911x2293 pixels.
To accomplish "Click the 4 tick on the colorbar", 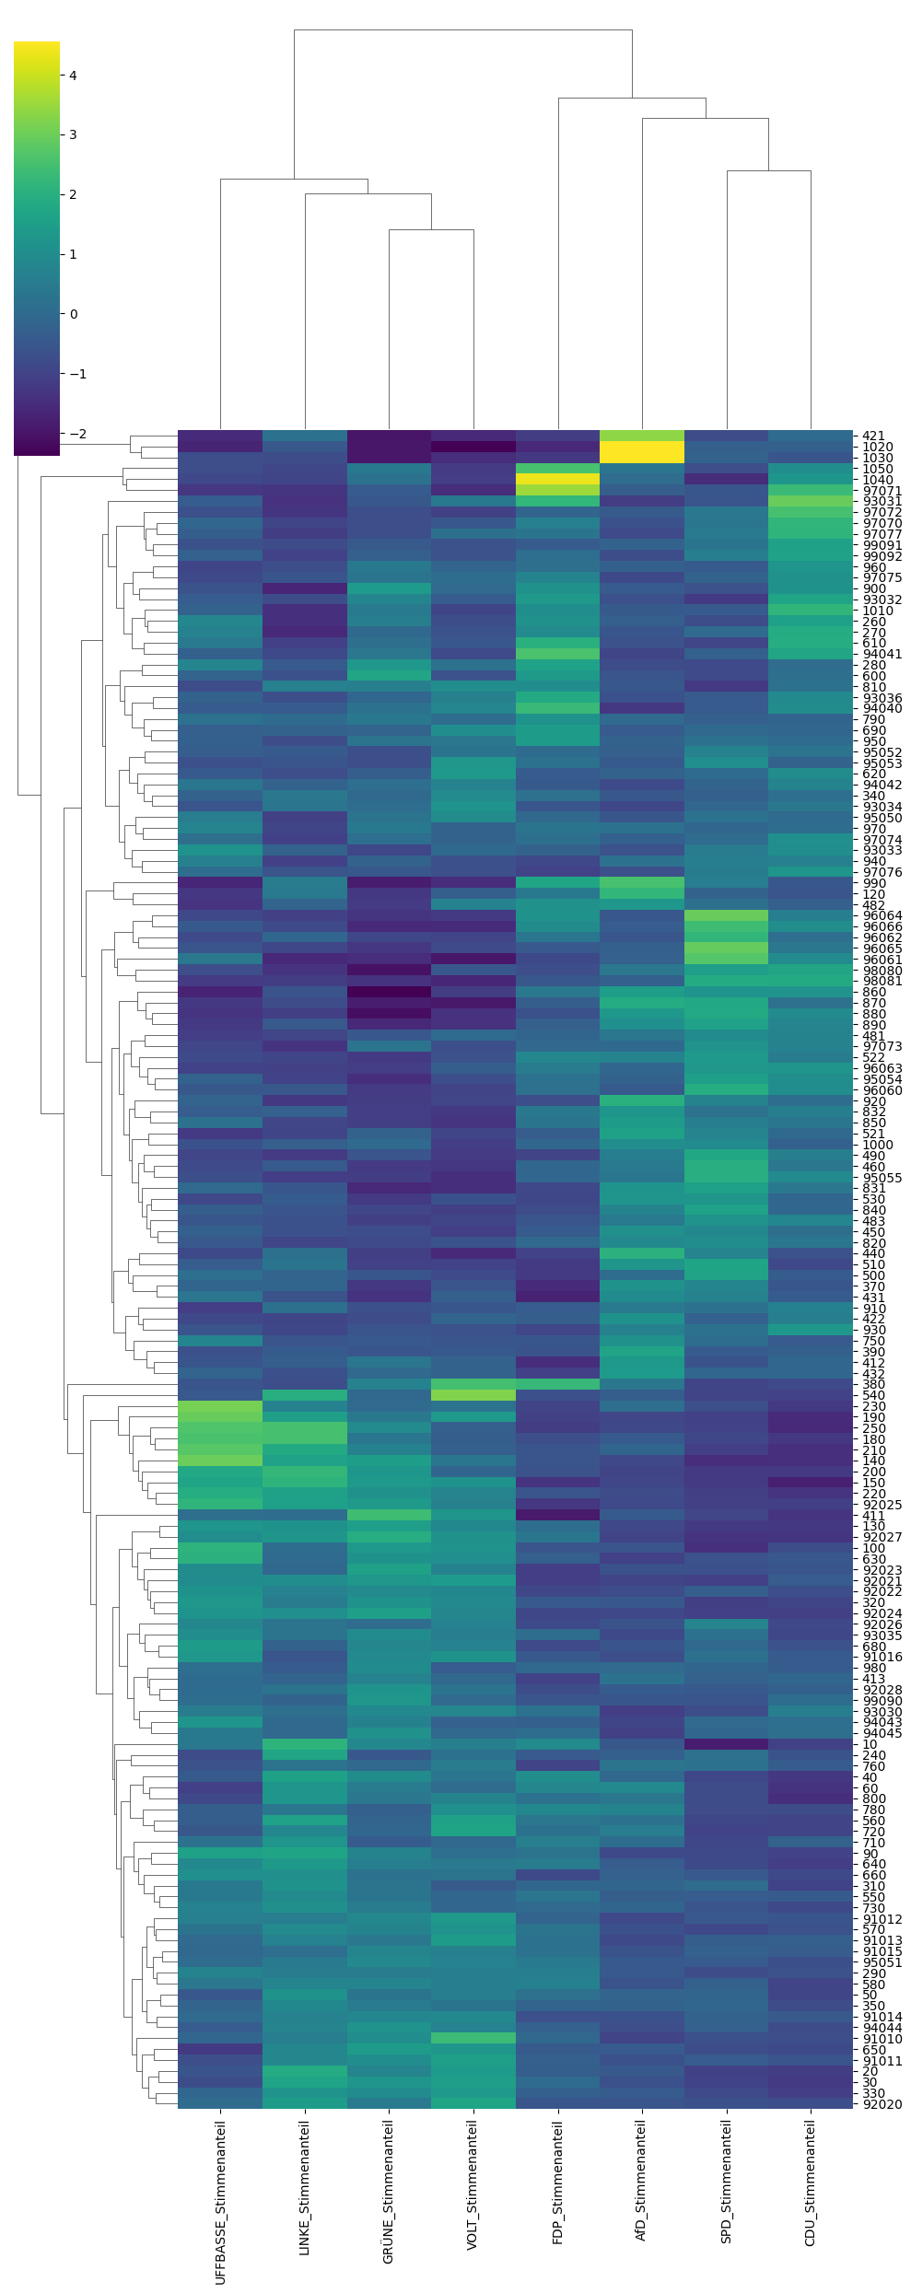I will (73, 76).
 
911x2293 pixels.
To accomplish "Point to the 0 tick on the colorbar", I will (73, 314).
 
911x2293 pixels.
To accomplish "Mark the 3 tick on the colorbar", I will (73, 134).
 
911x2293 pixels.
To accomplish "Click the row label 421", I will (873, 436).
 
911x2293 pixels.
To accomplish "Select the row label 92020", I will (882, 2103).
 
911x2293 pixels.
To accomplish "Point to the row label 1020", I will (877, 448).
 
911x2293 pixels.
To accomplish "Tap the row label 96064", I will (882, 916).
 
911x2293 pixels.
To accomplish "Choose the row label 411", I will (873, 1516).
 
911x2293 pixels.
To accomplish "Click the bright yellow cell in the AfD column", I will (642, 452).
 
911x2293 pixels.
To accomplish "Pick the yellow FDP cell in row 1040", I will (557, 479).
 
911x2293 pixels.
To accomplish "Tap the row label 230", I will (873, 1406).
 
